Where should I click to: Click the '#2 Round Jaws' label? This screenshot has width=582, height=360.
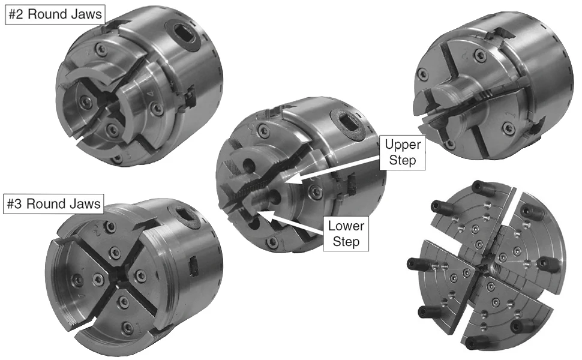click(55, 14)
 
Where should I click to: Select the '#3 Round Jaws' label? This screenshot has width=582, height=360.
click(54, 204)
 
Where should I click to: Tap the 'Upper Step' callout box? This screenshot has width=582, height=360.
click(403, 152)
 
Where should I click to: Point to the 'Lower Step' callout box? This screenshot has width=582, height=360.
click(346, 234)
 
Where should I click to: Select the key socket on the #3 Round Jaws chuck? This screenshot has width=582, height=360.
click(184, 212)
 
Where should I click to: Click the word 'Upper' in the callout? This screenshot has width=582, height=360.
click(403, 145)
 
